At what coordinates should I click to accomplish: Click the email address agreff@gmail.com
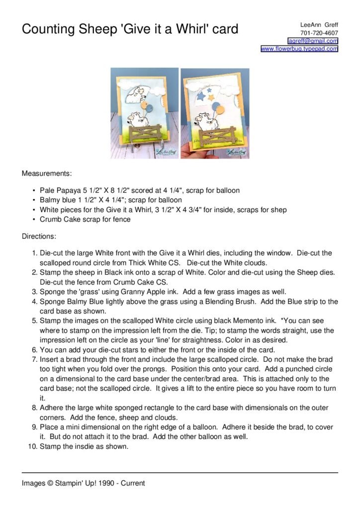click(x=313, y=41)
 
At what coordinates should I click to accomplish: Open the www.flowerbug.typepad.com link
click(x=299, y=49)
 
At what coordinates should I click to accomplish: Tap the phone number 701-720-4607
click(x=319, y=33)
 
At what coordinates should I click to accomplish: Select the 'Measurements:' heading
click(x=47, y=174)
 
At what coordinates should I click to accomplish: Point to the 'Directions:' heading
click(x=39, y=237)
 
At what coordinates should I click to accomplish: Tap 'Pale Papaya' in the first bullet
click(x=60, y=190)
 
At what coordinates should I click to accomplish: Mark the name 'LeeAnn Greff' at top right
click(x=319, y=25)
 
